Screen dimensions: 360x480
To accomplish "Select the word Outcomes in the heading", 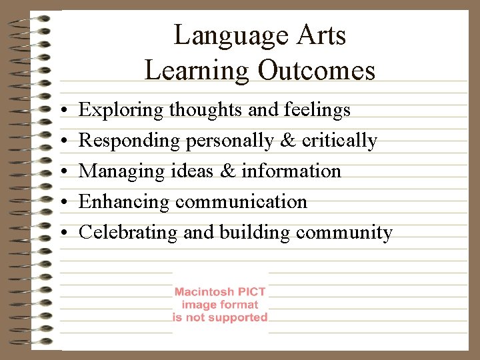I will (x=317, y=70).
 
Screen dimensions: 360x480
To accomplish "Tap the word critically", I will (x=339, y=141).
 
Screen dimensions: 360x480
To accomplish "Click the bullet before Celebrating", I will (x=61, y=233).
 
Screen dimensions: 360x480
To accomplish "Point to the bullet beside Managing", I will (x=61, y=172).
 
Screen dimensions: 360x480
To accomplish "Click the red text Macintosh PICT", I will (x=220, y=292).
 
